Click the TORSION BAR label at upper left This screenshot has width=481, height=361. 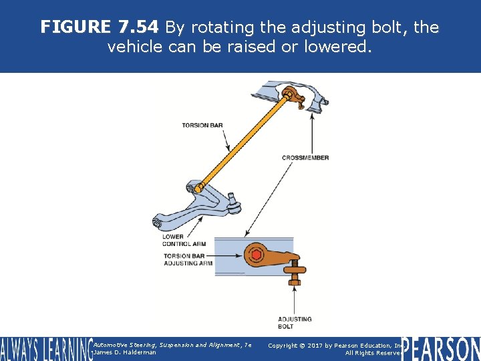[202, 125]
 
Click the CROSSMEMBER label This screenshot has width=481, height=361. [305, 158]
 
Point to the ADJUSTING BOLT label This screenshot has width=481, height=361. [295, 323]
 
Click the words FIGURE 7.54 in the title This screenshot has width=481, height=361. [100, 27]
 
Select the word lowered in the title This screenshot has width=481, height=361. [344, 47]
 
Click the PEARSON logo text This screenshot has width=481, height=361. [441, 348]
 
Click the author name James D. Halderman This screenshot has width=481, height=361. [125, 352]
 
